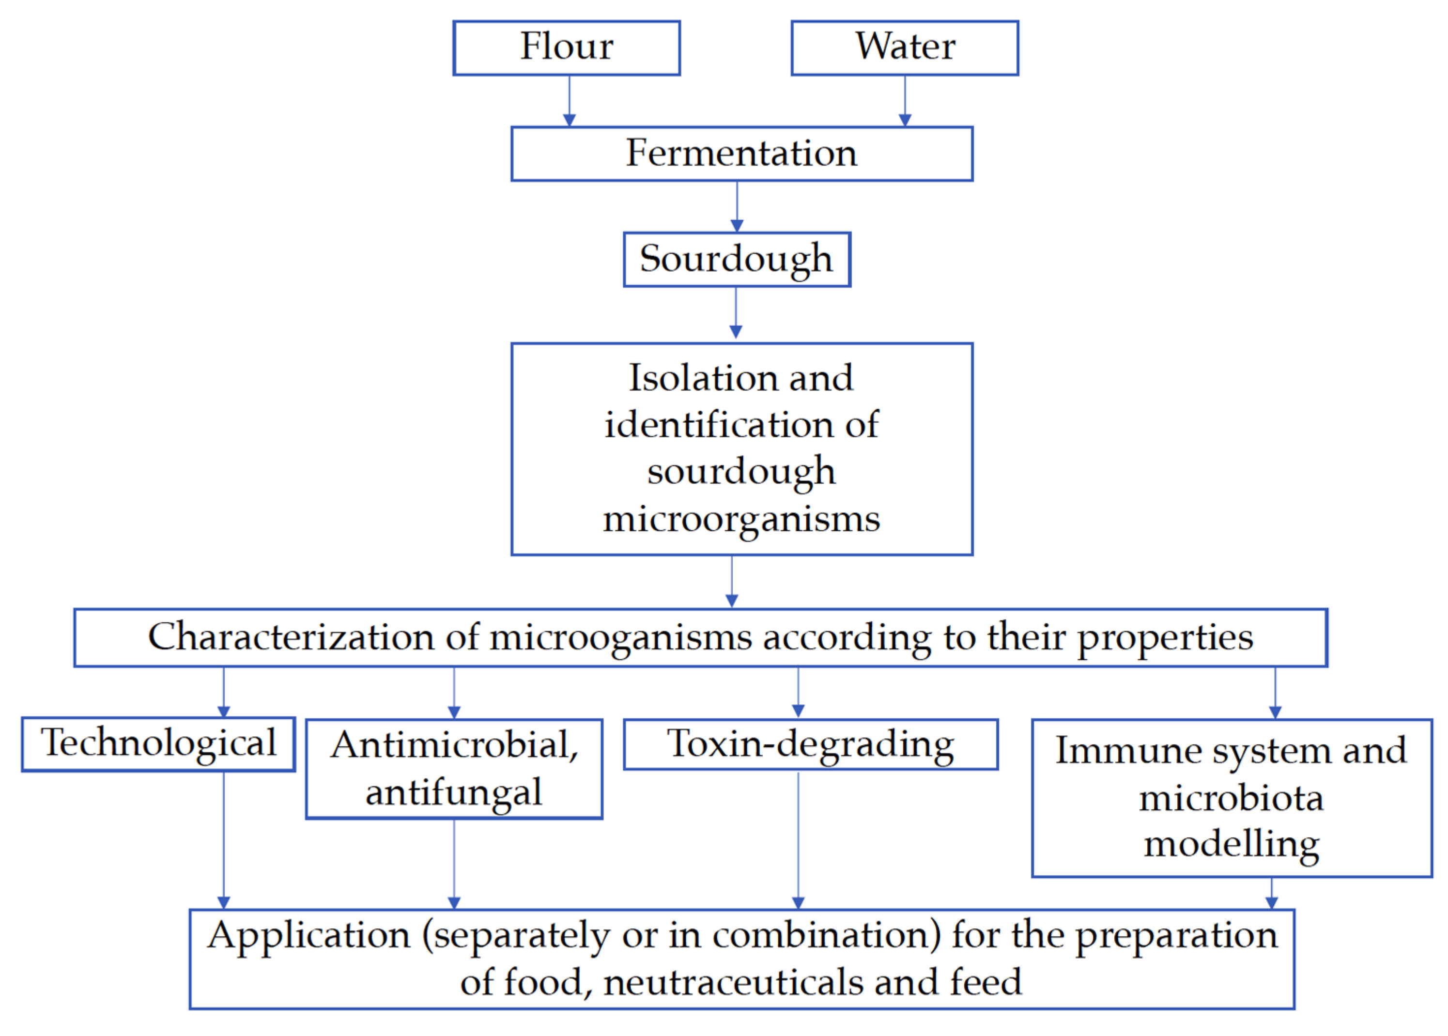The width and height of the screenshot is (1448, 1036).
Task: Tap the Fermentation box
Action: tap(741, 153)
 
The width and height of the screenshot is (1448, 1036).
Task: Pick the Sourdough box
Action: tap(736, 259)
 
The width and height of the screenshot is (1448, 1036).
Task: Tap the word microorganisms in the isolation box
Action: tap(741, 519)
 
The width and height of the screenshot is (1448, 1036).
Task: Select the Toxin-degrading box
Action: tap(810, 744)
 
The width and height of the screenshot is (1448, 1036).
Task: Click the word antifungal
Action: tap(454, 793)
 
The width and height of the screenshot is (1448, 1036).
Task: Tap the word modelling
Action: tap(1231, 845)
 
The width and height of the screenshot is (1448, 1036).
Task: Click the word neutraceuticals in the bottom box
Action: tap(734, 982)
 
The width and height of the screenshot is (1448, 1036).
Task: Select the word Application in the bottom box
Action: tap(309, 936)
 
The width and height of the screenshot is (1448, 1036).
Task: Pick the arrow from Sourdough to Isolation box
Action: tap(736, 312)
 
